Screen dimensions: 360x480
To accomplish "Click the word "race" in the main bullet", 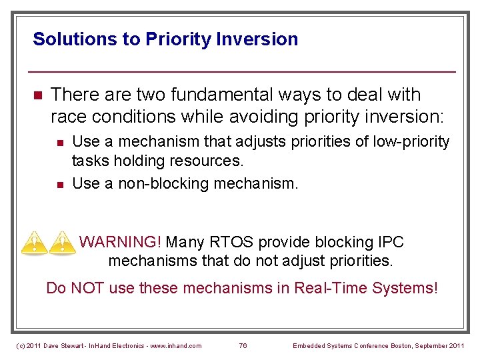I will point(69,117).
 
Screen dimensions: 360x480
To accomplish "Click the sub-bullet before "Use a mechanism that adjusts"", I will point(60,143).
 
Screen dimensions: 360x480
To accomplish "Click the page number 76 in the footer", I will point(243,345).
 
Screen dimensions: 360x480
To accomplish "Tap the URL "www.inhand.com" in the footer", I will point(177,345).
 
